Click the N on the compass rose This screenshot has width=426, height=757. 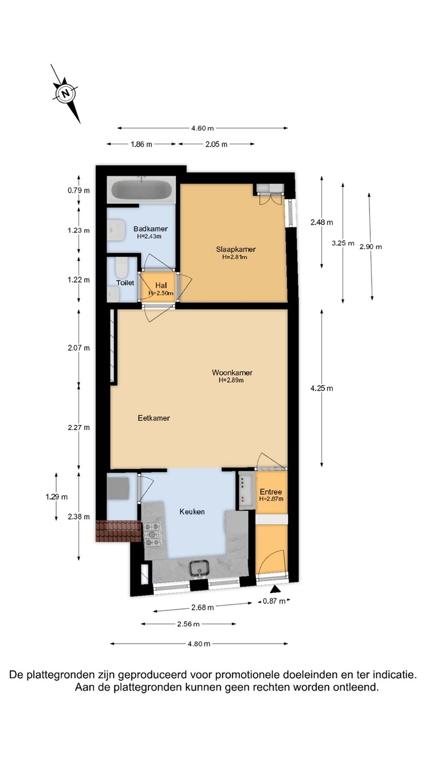coord(66,93)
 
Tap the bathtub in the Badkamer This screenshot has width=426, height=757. coord(141,190)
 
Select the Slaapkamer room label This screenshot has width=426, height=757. coord(236,249)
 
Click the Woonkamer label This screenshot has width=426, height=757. coord(232,372)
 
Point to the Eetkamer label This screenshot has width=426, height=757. coord(154,418)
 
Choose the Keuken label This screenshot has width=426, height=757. coord(191,512)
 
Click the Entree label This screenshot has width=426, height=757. coord(271,492)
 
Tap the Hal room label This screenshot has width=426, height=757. coord(161,285)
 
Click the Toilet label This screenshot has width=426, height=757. coord(125,282)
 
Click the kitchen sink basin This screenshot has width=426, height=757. coord(200,568)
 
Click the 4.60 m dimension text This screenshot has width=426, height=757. coord(202,128)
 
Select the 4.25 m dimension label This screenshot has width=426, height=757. coord(321,388)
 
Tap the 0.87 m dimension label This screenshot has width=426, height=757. coord(274,601)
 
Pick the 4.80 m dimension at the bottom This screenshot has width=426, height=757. coord(199,644)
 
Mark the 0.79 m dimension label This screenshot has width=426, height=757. coord(79,190)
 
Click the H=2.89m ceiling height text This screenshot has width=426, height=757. coord(231,380)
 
